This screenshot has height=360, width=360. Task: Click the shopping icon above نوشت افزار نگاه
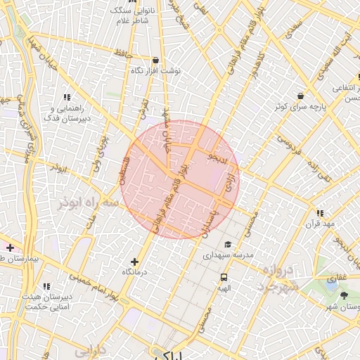pyautogui.click(x=155, y=60)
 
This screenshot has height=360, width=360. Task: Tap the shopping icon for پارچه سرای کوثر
pyautogui.click(x=301, y=95)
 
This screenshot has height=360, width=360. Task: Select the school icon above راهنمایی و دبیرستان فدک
pyautogui.click(x=67, y=97)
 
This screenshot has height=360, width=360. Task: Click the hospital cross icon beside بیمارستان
pyautogui.click(x=10, y=247)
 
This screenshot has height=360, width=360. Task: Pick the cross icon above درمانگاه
pyautogui.click(x=136, y=262)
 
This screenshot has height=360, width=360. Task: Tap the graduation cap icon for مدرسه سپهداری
pyautogui.click(x=226, y=244)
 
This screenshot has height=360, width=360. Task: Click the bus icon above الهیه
pyautogui.click(x=224, y=277)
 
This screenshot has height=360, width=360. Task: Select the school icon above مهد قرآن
pyautogui.click(x=320, y=212)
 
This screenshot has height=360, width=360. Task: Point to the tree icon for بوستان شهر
pyautogui.click(x=343, y=295)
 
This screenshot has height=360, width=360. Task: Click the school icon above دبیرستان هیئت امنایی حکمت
pyautogui.click(x=47, y=286)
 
